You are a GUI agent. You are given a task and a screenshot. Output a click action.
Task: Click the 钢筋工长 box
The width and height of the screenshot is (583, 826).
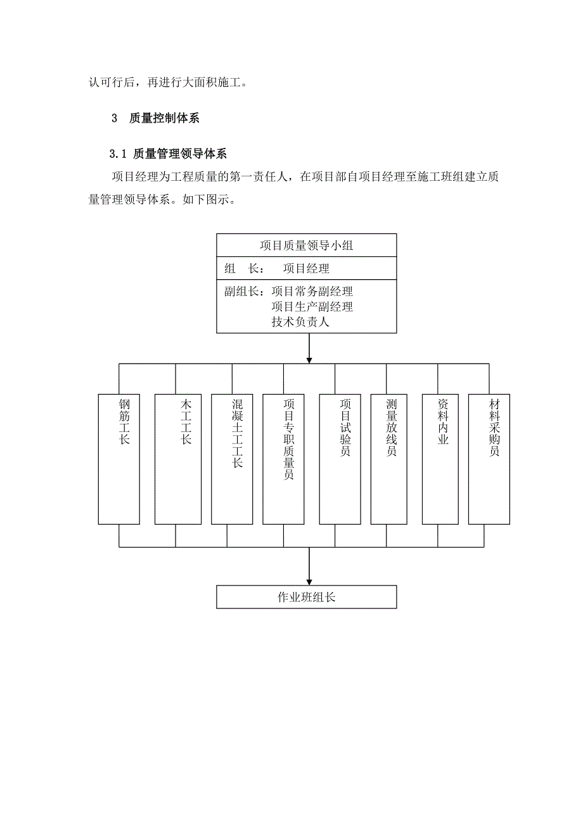(x=119, y=459)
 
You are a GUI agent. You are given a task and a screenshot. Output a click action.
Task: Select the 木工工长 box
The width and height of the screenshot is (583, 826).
(x=177, y=459)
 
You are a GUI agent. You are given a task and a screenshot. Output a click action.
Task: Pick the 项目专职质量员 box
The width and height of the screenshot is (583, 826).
(x=283, y=459)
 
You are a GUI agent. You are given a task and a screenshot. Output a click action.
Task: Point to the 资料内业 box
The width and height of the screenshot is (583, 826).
(x=440, y=459)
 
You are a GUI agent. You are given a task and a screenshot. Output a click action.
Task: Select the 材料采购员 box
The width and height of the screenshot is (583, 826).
(x=489, y=459)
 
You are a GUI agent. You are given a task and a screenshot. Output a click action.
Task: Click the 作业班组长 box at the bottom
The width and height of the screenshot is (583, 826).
(x=306, y=597)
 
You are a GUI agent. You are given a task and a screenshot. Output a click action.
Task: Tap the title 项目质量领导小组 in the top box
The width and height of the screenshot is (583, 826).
(x=307, y=246)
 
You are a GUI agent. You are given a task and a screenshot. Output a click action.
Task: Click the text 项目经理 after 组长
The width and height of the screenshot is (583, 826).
(x=306, y=268)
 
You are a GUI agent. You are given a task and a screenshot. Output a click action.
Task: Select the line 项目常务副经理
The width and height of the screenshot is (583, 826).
(x=312, y=292)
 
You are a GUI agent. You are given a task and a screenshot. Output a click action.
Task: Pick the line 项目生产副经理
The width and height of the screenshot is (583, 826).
(x=312, y=306)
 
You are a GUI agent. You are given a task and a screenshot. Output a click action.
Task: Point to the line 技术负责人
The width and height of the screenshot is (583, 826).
(x=300, y=322)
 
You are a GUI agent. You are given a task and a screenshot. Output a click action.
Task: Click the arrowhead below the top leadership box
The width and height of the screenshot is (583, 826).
(x=309, y=358)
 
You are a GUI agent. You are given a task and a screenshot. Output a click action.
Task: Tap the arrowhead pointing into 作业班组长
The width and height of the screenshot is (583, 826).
(x=309, y=580)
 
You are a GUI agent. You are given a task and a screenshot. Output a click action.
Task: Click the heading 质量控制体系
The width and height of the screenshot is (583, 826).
(x=163, y=118)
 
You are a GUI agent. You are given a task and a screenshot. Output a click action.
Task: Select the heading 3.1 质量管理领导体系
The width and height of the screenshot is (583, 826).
(x=168, y=154)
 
